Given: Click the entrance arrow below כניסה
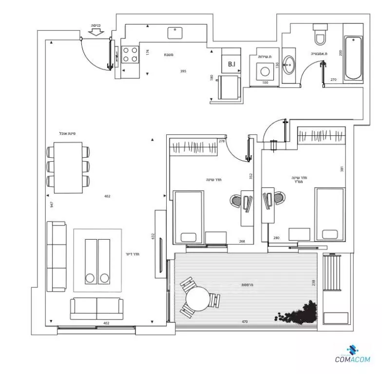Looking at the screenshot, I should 96,32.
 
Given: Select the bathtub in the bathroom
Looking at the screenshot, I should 353,58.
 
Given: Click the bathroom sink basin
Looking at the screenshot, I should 288,65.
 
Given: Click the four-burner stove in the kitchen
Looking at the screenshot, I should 130,54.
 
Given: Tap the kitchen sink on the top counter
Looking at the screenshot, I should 175,33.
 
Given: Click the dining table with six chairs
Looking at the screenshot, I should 69,167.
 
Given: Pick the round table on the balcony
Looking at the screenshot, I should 199,299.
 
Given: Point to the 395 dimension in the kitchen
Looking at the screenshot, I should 183,72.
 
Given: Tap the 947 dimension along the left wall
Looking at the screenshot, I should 51,205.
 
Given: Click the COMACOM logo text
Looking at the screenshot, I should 353,360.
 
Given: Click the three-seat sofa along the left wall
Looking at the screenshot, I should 56,256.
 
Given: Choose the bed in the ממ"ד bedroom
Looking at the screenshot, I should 330,214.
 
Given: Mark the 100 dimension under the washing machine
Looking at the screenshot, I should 265,83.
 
